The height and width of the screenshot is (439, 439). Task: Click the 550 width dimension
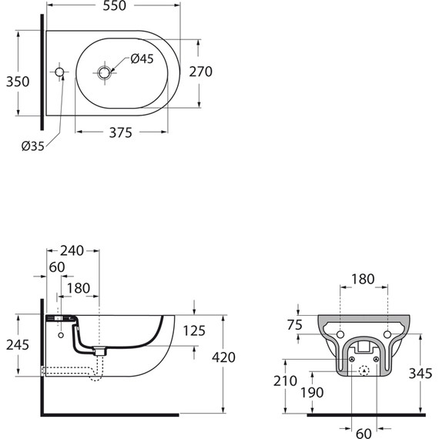coord(115,6)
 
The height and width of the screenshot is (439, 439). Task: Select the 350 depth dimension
coord(18,82)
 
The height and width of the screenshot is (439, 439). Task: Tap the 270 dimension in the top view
coord(200,72)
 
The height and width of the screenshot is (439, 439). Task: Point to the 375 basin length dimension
coord(120,132)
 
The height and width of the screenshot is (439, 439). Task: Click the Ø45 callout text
coord(142,59)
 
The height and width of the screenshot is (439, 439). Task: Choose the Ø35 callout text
coord(33,146)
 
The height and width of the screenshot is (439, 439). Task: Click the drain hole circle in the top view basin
coord(104,73)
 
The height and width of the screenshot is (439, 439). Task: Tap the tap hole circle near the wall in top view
coord(59,72)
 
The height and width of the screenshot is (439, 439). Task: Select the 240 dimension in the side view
coord(72,250)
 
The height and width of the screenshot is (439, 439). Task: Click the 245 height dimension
coord(18,344)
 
